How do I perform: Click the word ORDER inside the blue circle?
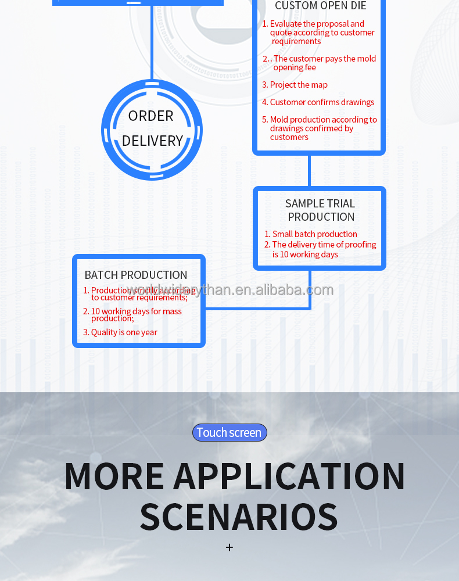point(150,116)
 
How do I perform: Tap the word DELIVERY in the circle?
point(152,141)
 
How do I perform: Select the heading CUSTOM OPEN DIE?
point(320,6)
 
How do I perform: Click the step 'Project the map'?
point(299,85)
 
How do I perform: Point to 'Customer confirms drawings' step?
point(322,102)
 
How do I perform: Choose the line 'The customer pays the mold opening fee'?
point(324,63)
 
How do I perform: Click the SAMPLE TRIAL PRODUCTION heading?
point(320,210)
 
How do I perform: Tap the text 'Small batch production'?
point(314,234)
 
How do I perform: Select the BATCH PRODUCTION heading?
point(136,275)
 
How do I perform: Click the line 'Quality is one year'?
point(124,332)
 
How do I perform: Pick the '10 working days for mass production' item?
point(136,314)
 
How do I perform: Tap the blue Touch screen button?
point(229,432)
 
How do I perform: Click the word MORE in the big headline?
point(114,476)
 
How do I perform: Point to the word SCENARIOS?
point(238,517)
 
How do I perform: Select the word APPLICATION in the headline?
point(289,476)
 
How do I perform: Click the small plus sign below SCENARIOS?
point(229,547)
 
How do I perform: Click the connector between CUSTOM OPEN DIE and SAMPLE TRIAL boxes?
point(309,170)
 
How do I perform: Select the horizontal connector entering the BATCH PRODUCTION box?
point(256,308)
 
